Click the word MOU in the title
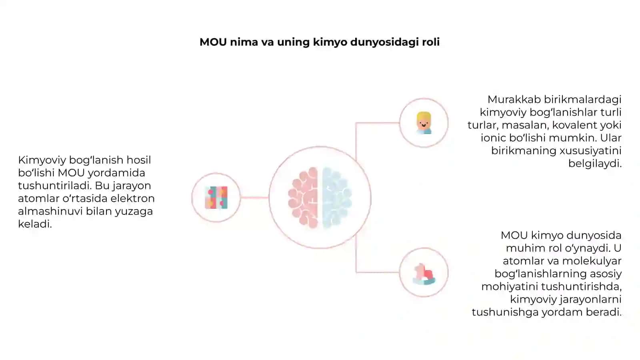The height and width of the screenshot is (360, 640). pyautogui.click(x=213, y=42)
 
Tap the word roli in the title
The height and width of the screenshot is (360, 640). pyautogui.click(x=431, y=42)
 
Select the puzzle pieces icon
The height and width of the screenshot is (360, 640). pyautogui.click(x=216, y=198)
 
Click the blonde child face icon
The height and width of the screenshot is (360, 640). pyautogui.click(x=424, y=123)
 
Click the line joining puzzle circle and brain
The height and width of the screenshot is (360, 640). pyautogui.click(x=254, y=198)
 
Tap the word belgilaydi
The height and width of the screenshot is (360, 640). pyautogui.click(x=595, y=164)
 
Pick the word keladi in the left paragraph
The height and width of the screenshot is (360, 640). pyautogui.click(x=35, y=224)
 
